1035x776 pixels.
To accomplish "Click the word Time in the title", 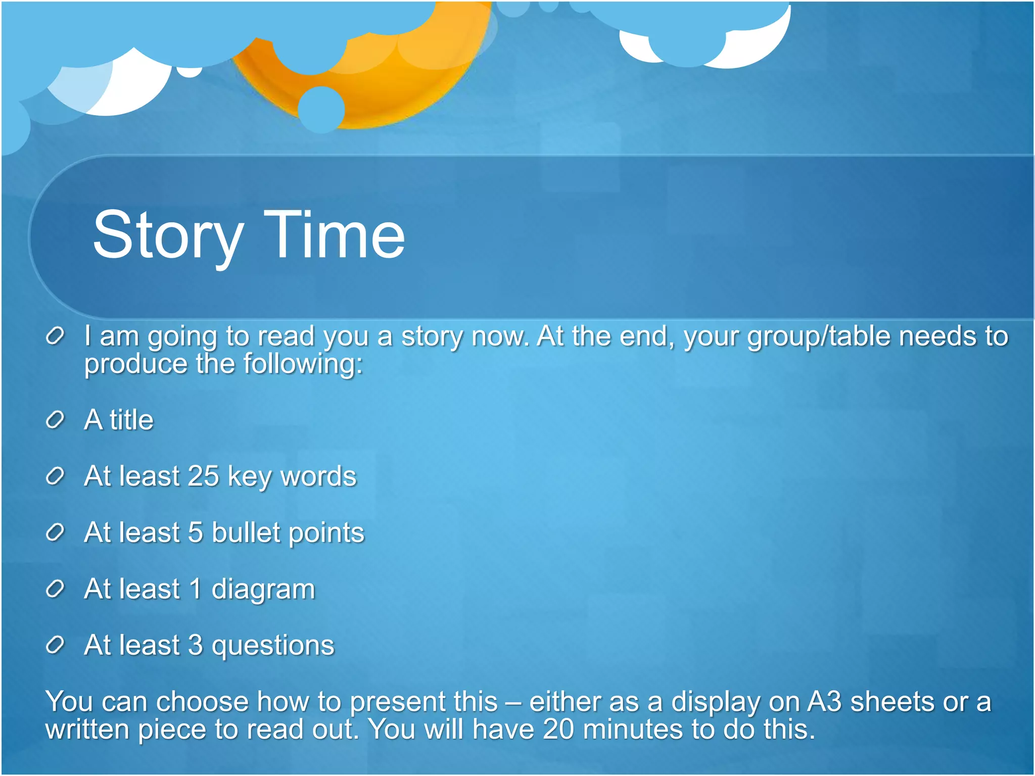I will click(334, 234).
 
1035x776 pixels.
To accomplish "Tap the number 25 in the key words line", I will click(203, 476).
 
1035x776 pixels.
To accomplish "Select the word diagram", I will click(263, 589).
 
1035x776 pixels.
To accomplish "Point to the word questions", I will click(273, 646).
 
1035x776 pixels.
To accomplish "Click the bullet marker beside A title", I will click(55, 420).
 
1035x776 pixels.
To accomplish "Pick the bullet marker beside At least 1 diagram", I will click(55, 589).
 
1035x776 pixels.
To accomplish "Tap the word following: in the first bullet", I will click(303, 364).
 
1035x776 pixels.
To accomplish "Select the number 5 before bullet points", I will click(195, 532).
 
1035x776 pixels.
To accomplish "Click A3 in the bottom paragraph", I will click(824, 702).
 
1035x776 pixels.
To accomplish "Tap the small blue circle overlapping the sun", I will click(321, 110).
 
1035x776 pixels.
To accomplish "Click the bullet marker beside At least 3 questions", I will click(55, 645).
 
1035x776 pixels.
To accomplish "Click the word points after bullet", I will click(326, 533).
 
